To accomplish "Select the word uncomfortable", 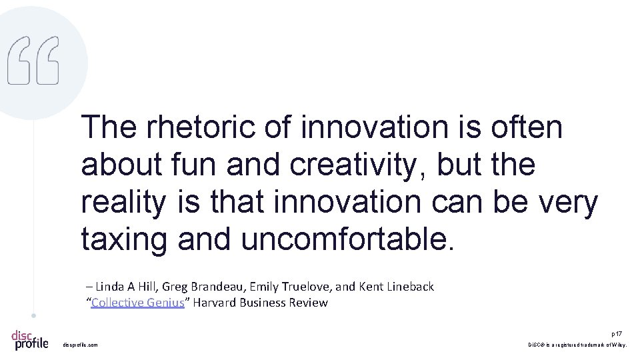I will [347, 239].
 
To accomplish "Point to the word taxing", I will [125, 239].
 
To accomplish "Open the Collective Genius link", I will [137, 303].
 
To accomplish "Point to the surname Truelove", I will [305, 287].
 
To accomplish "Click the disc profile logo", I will [30, 339].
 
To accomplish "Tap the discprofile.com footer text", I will [80, 345].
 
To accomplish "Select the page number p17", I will [617, 333].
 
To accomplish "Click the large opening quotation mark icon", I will [33, 60].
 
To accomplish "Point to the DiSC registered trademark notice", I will [577, 345].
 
